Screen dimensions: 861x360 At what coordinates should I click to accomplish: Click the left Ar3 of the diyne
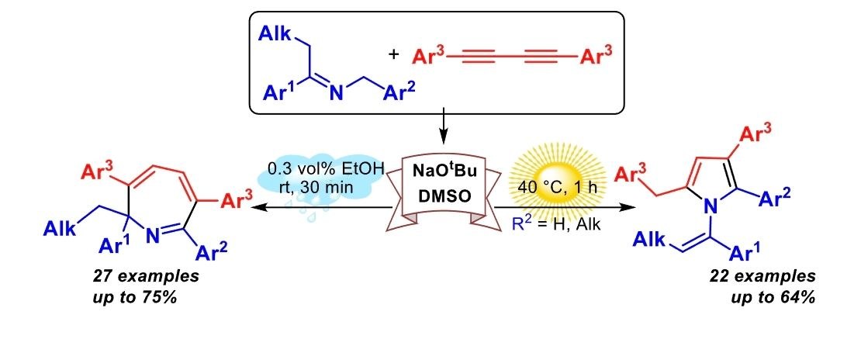click(430, 56)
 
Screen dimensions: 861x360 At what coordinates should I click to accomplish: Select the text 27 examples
click(146, 275)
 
